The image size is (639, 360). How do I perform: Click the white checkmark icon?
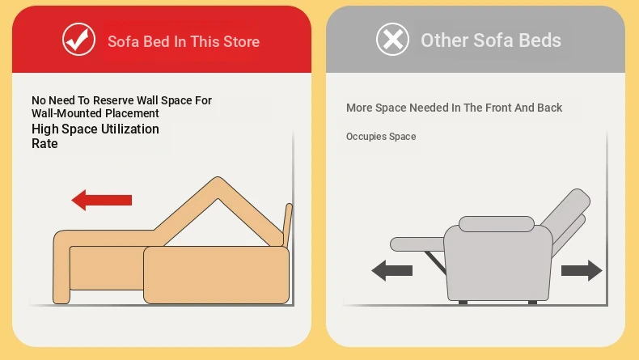tap(78, 40)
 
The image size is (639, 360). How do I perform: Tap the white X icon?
tap(392, 40)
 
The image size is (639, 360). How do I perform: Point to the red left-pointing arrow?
tap(101, 200)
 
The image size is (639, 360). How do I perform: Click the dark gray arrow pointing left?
tap(391, 271)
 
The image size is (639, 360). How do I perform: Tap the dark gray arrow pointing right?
tap(582, 271)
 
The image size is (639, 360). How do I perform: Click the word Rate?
tap(44, 143)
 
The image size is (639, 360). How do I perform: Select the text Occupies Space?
tap(381, 137)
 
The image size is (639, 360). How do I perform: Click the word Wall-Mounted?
tap(61, 113)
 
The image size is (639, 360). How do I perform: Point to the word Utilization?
tap(130, 129)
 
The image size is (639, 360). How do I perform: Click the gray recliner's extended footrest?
tap(417, 244)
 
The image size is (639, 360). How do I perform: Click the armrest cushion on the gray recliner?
tap(497, 224)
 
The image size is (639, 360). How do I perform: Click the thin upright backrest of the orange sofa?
tap(287, 225)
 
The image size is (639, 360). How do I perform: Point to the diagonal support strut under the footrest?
tap(435, 263)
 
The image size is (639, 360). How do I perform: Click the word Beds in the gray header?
tap(540, 40)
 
